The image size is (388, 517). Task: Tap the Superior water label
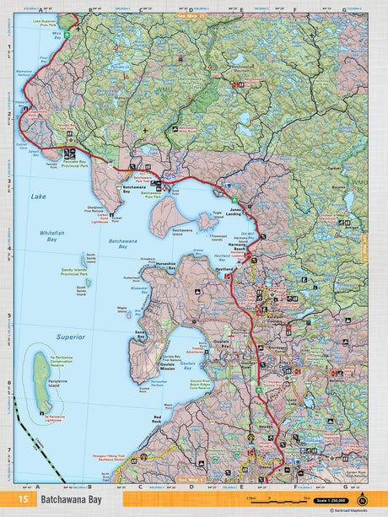(x=70, y=337)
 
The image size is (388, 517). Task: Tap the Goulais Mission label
(x=173, y=364)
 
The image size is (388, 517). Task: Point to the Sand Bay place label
(x=141, y=334)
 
